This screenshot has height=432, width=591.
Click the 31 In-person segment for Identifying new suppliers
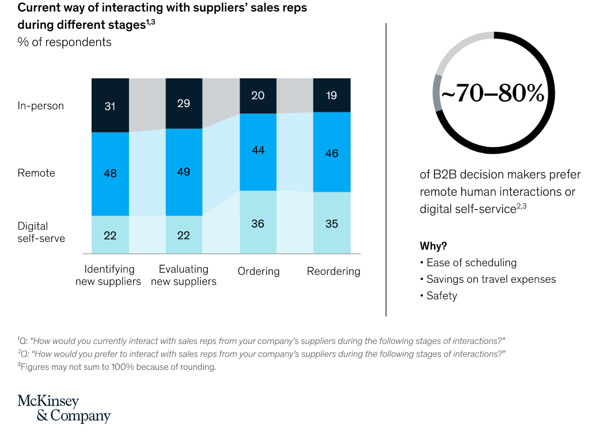(x=110, y=105)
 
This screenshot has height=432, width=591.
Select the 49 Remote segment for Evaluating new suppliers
(x=184, y=172)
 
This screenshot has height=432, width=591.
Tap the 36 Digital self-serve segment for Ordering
(x=257, y=222)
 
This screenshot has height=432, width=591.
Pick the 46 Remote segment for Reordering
(x=332, y=153)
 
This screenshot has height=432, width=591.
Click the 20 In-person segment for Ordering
(x=257, y=96)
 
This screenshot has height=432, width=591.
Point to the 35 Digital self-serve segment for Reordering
(x=332, y=223)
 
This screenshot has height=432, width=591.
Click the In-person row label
(x=41, y=106)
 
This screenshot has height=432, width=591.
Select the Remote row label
(x=36, y=173)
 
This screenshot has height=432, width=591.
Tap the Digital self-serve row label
(x=41, y=232)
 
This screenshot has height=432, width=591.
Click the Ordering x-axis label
(x=259, y=271)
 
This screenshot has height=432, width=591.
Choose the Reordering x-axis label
(x=334, y=271)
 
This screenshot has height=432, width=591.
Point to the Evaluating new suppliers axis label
(x=184, y=275)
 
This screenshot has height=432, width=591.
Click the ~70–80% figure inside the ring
(x=493, y=94)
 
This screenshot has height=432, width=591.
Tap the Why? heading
(x=433, y=246)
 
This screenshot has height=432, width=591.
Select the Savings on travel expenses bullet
(x=491, y=279)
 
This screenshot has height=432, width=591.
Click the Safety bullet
(x=441, y=296)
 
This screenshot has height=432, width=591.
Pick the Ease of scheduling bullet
(x=471, y=263)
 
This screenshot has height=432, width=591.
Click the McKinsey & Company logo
(x=64, y=408)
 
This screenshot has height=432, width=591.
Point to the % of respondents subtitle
(x=65, y=42)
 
